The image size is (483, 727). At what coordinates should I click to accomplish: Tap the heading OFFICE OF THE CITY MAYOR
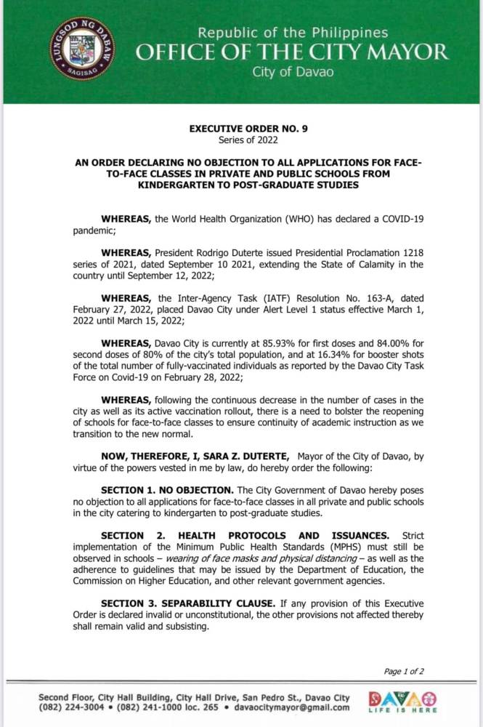point(293,52)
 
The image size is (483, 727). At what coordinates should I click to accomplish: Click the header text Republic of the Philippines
point(293,33)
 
